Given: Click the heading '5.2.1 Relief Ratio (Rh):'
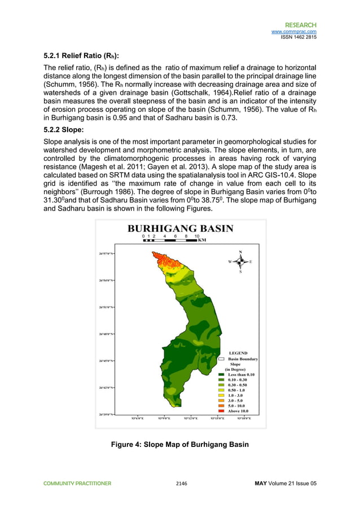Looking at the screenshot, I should pos(81,56).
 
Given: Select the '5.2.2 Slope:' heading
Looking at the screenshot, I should pos(66,129).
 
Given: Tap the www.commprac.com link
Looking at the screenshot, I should pos(293,32).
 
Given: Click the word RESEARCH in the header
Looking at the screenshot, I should pos(300,25).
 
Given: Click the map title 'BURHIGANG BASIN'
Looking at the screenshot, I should pos(179,229).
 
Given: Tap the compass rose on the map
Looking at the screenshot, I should pos(240,261).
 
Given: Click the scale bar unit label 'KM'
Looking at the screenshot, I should pos(202,240).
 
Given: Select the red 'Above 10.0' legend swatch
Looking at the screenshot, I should pos(222,411).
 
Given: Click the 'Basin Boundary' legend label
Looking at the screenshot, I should pos(243,359).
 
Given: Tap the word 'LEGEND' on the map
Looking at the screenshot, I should pos(238,353).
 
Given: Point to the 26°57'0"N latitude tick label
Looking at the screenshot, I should pos(104,253).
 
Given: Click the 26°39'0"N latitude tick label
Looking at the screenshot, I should pos(104,414).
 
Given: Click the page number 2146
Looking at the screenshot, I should pos(181,484).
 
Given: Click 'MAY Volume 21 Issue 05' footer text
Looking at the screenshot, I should pos(286,484).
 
